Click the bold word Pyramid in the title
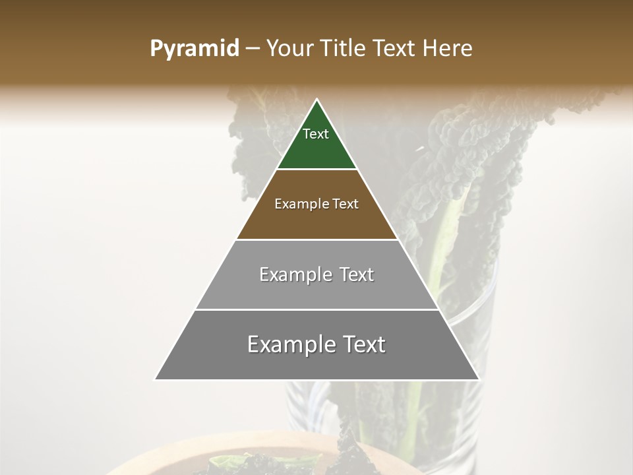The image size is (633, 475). [x=194, y=49]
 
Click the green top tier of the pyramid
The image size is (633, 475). [x=316, y=148]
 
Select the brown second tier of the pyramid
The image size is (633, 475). [x=316, y=221]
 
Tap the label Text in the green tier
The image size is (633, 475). [x=316, y=134]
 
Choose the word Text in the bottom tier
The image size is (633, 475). [x=363, y=344]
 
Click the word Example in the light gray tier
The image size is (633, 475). [x=293, y=274]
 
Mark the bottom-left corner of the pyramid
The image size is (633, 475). [x=155, y=379]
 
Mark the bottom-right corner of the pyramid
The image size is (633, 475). [x=479, y=379]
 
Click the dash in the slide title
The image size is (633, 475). [x=252, y=49]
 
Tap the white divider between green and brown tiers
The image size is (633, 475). [x=316, y=170]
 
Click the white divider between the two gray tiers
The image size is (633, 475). [x=316, y=309]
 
